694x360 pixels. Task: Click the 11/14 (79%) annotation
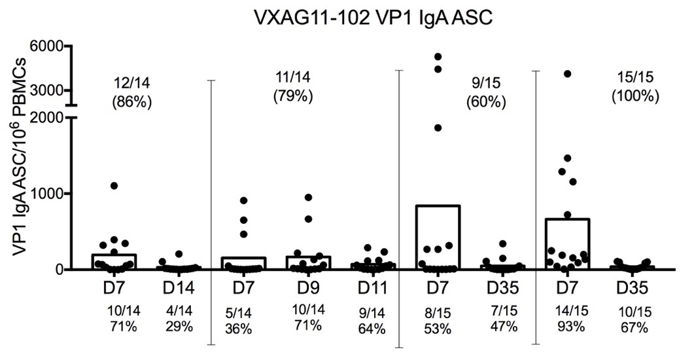tap(292, 86)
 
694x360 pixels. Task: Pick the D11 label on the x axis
tap(372, 287)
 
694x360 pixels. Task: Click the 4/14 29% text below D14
tap(179, 318)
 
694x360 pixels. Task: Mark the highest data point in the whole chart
tap(438, 57)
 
